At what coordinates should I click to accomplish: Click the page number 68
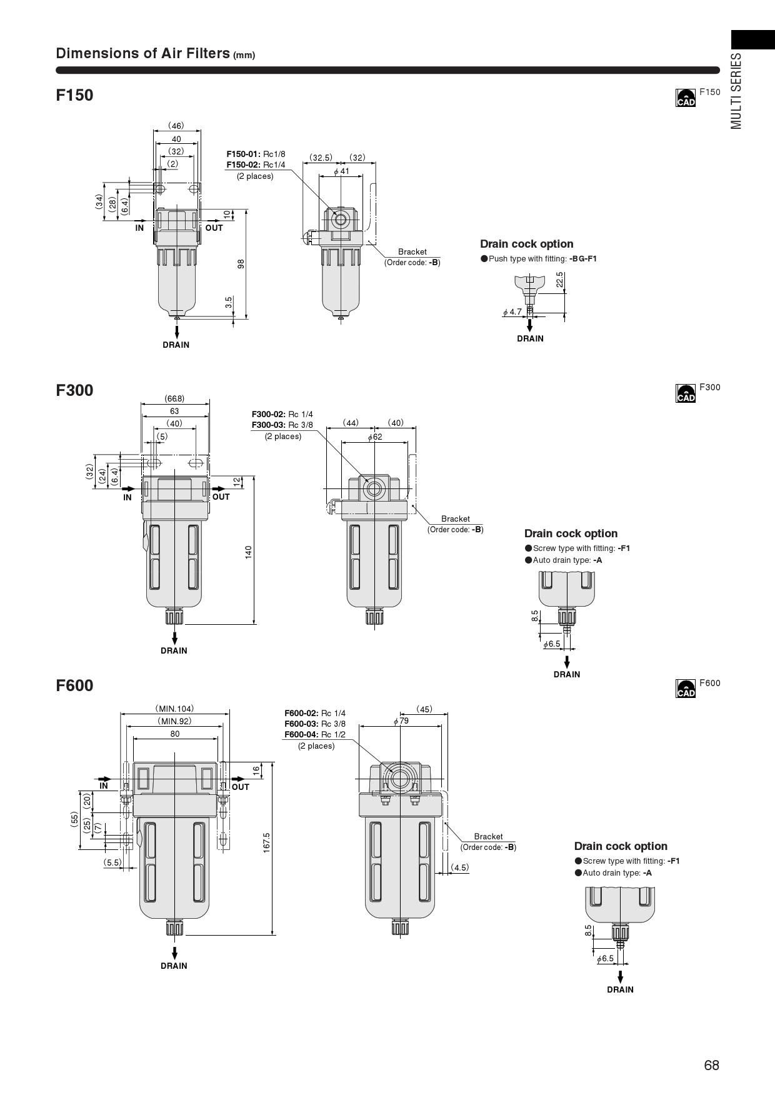(711, 1065)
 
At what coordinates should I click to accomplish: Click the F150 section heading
(74, 95)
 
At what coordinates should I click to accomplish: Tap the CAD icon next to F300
(686, 393)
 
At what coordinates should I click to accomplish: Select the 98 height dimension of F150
(241, 264)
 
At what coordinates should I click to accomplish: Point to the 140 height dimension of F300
(248, 552)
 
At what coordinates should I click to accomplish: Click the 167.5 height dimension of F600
(267, 842)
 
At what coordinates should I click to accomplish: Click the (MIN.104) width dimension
(174, 709)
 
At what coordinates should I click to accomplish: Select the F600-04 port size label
(315, 734)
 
